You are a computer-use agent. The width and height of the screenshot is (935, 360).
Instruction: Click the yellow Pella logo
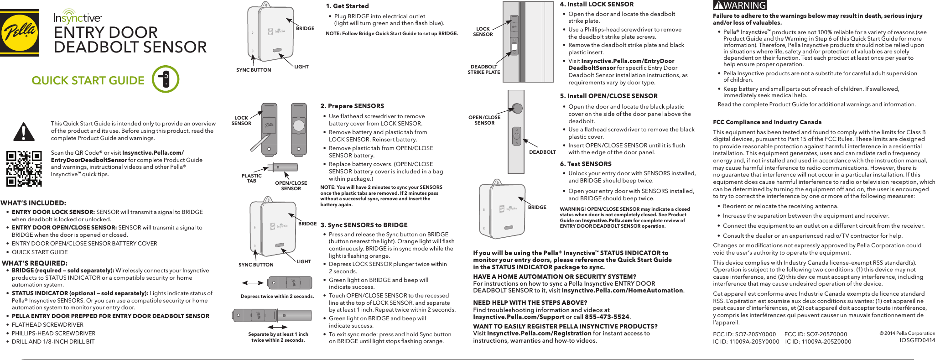[19, 32]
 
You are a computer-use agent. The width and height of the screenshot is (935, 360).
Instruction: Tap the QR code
[24, 168]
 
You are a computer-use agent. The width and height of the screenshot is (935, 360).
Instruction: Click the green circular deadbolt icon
[165, 79]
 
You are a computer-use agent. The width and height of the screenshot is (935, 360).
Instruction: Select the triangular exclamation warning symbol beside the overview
[24, 132]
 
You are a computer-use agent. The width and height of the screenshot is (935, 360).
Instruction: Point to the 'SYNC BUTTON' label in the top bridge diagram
[253, 70]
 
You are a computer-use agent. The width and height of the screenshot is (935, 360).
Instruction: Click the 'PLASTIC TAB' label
[251, 178]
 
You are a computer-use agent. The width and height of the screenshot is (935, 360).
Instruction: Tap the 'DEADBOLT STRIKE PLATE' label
[483, 69]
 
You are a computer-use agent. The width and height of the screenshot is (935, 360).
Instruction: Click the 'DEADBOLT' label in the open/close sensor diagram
[542, 152]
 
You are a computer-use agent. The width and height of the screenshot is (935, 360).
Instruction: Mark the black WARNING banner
[739, 5]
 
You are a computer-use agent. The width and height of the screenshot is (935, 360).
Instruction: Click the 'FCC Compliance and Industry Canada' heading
[767, 122]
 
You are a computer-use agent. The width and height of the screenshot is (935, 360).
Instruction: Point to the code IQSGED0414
[917, 340]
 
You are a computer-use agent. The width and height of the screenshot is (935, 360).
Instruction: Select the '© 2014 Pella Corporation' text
[907, 333]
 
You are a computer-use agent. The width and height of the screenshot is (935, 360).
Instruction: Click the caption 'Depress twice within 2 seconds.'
[277, 296]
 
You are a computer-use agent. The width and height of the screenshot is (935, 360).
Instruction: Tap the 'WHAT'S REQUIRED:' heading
[35, 263]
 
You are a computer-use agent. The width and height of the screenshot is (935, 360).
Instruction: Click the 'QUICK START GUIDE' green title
[88, 80]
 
